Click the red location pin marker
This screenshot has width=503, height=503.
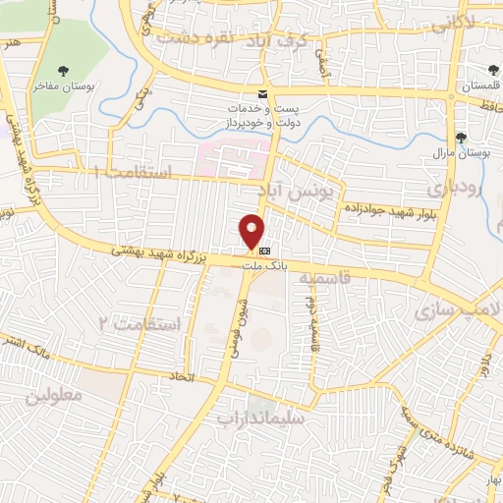252,230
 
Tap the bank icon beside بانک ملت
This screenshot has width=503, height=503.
264,251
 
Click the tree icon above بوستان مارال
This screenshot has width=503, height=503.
461,138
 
